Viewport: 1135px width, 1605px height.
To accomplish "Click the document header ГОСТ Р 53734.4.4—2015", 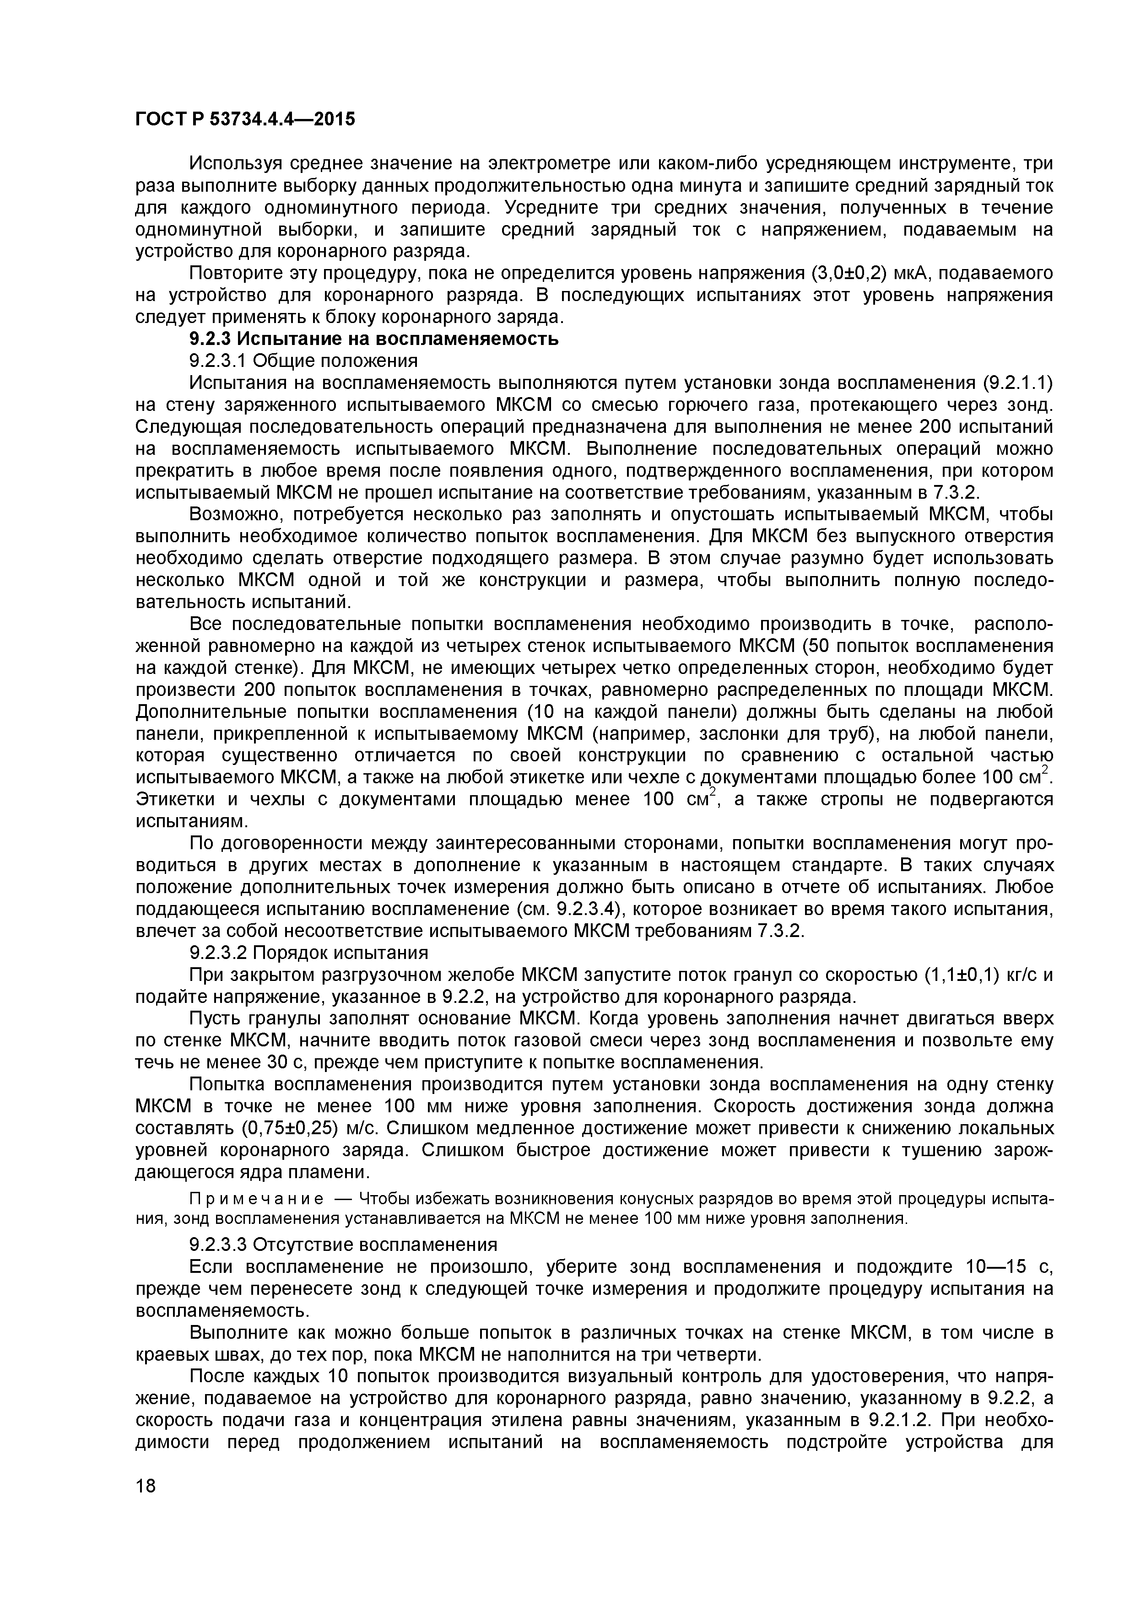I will tap(245, 119).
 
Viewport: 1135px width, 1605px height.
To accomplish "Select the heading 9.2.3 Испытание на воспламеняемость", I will tap(374, 339).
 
